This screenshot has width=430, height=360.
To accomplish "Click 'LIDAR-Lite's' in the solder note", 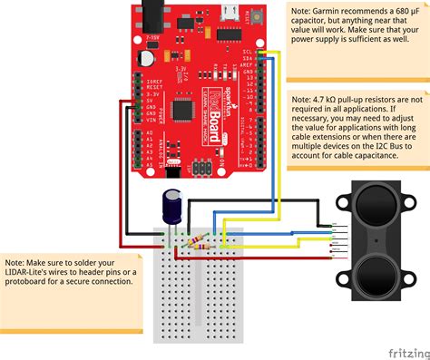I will (x=31, y=270).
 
